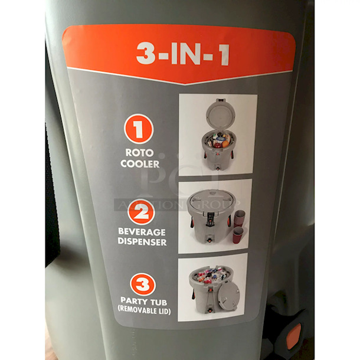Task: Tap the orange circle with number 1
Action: click(x=139, y=129)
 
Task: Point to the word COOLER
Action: click(x=140, y=163)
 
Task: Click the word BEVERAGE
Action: click(x=142, y=233)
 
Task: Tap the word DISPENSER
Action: click(x=142, y=243)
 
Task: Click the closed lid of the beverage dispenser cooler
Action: click(x=211, y=199)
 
